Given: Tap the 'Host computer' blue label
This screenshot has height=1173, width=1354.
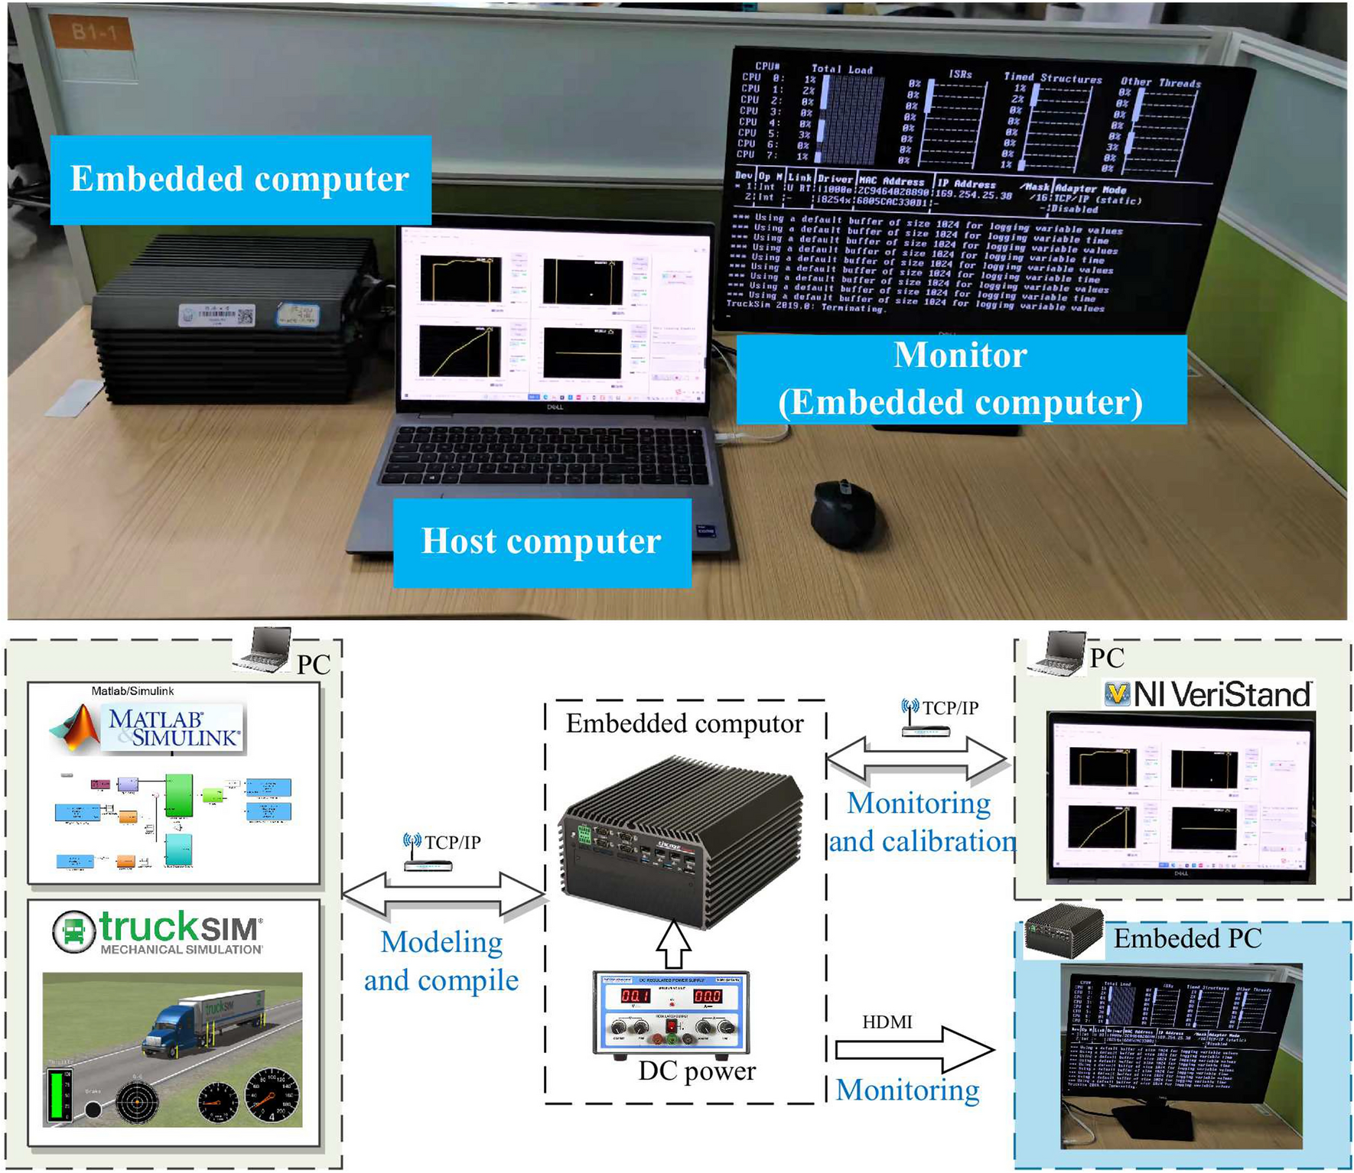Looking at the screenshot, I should click(x=542, y=542).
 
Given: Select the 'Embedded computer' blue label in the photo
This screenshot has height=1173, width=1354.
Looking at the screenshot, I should click(x=240, y=180).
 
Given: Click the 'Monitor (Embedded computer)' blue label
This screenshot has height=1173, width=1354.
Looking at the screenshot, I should click(x=961, y=379).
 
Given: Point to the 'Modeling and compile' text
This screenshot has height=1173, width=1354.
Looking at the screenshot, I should click(x=441, y=960).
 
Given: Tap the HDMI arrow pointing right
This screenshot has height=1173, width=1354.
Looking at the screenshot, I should click(x=914, y=1050).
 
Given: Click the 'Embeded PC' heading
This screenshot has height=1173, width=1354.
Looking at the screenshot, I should click(x=1187, y=938).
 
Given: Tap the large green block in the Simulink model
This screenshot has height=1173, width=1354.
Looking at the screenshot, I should click(x=179, y=794).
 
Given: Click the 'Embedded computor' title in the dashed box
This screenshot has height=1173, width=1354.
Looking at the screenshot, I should click(x=685, y=723).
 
